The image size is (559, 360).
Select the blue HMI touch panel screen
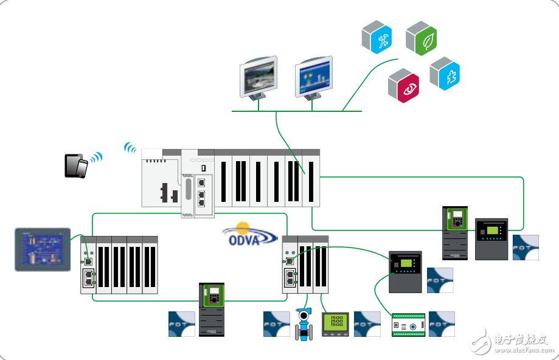41,249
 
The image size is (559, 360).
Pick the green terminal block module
408,325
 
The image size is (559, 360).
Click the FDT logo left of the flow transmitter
276,324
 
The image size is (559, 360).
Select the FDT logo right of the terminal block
442,324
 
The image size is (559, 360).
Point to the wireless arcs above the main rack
130,147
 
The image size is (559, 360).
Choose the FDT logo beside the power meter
367,324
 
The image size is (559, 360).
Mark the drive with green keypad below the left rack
212,310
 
